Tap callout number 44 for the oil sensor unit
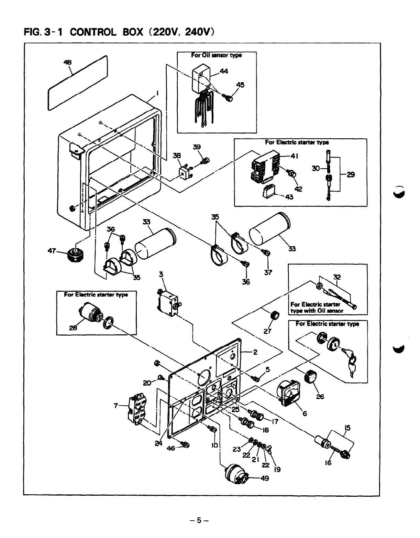coord(224,72)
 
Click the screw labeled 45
coord(229,98)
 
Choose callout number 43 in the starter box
coord(289,198)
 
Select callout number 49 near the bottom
coord(264,478)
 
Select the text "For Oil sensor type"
coord(217,55)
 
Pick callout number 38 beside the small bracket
coord(177,155)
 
